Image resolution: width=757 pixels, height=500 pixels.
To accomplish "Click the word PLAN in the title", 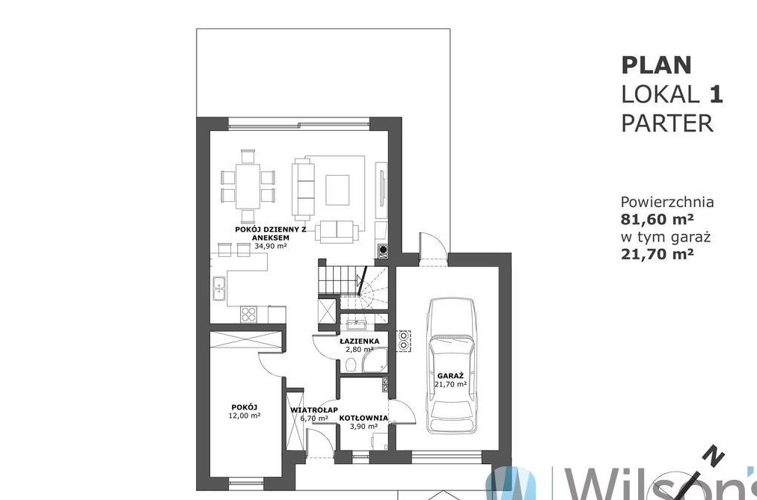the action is click(656, 65).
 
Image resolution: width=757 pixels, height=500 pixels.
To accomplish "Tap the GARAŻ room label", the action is click(450, 376).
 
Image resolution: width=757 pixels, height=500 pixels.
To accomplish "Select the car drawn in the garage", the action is click(451, 365).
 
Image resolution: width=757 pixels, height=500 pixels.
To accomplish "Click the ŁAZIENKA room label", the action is click(360, 341).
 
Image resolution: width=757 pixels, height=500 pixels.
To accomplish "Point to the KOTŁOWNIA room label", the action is click(363, 418).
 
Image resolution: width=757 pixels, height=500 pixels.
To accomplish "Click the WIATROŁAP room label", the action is click(314, 410).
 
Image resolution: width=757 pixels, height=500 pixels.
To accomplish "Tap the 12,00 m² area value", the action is click(245, 415).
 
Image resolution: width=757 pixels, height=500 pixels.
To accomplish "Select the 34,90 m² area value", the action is click(271, 245).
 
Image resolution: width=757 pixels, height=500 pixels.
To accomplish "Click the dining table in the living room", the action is click(248, 186).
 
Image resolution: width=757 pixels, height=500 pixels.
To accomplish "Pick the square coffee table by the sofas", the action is click(337, 190).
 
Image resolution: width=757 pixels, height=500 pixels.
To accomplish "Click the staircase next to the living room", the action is click(353, 285).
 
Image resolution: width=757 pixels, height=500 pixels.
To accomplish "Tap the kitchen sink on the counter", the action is click(218, 288).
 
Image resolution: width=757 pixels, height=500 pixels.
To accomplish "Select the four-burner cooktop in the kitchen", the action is click(248, 315).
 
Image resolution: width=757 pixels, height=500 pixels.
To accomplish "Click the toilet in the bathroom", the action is click(351, 365).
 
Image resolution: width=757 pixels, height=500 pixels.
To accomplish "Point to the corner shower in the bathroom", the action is click(375, 361).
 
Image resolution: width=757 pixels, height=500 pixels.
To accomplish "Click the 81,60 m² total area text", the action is click(657, 219).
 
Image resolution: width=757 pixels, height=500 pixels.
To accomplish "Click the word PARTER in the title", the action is click(667, 123).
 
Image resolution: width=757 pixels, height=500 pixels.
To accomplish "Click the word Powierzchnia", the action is click(667, 202).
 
